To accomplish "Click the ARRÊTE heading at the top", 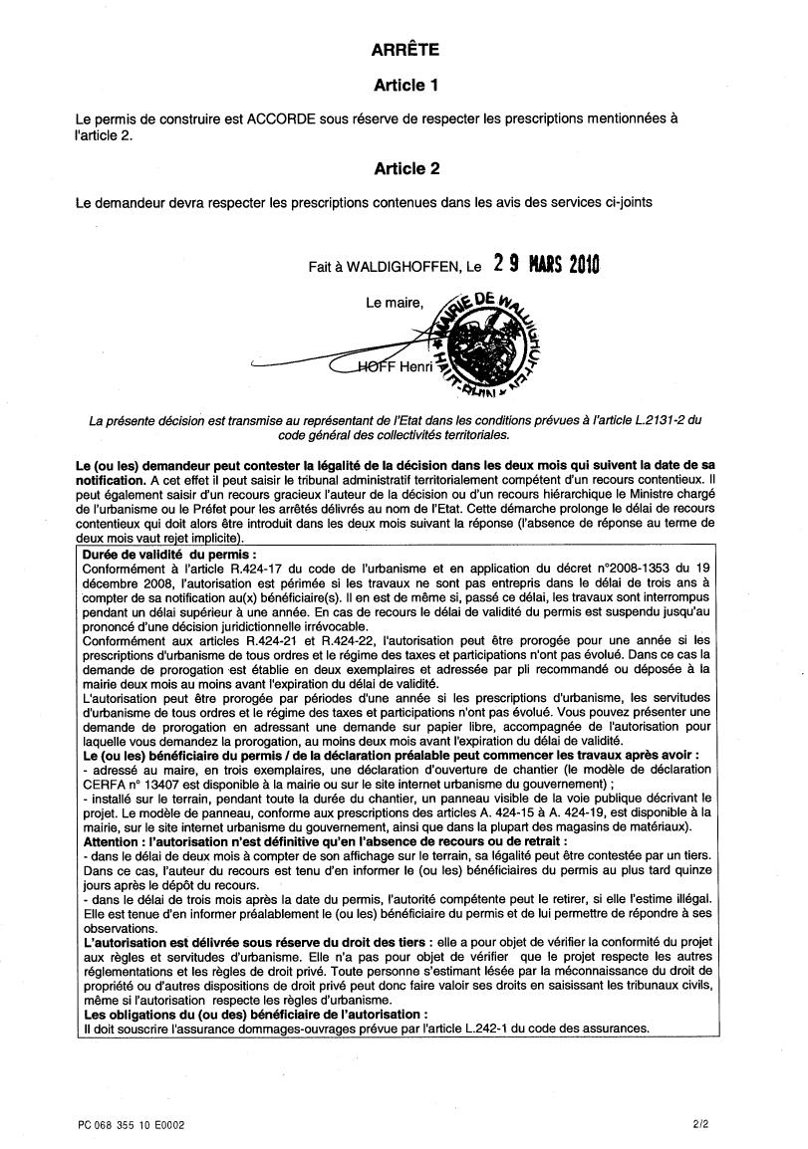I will pyautogui.click(x=404, y=49).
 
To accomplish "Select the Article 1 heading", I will pyautogui.click(x=406, y=86).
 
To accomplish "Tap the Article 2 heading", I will pyautogui.click(x=406, y=169).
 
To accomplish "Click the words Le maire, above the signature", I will pyautogui.click(x=396, y=303).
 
